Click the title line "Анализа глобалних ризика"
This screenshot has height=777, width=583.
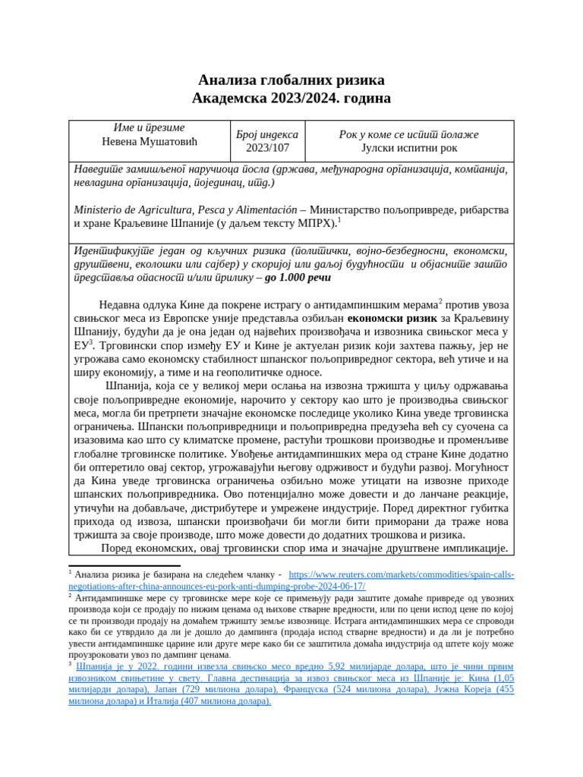click(291, 80)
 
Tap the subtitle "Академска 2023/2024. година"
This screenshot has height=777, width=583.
click(291, 99)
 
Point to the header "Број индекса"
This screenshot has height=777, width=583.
click(267, 134)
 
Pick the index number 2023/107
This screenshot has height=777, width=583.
click(267, 148)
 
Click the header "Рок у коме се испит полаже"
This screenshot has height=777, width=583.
click(408, 134)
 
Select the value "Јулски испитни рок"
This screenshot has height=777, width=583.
click(408, 148)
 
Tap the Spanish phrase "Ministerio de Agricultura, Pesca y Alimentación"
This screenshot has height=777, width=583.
click(184, 209)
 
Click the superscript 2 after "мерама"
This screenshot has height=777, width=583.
click(440, 301)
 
